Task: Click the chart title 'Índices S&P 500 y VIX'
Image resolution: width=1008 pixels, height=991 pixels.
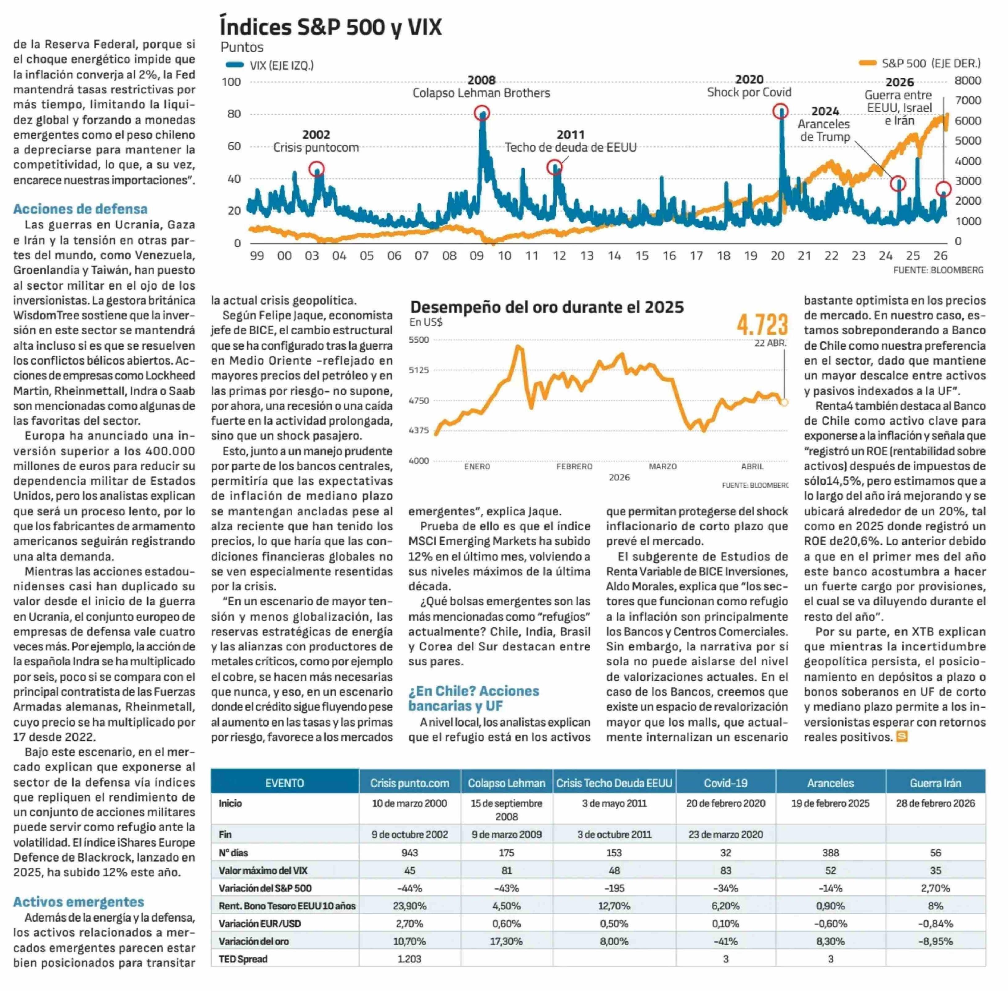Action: (x=331, y=27)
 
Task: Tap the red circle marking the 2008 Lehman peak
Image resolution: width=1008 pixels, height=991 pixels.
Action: (x=482, y=113)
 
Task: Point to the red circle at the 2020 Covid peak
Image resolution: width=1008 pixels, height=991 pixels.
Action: (x=780, y=111)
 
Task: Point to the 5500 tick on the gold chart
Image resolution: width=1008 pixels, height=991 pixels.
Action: (x=419, y=340)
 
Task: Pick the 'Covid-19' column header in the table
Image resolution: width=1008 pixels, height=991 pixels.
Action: (x=726, y=783)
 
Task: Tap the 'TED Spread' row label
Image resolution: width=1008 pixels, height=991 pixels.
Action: (x=243, y=959)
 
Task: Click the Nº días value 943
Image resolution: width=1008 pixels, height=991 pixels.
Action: (x=409, y=853)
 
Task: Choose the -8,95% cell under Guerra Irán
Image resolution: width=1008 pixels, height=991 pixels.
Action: (x=935, y=941)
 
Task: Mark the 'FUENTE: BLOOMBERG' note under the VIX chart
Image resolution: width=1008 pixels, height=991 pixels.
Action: (x=938, y=270)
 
